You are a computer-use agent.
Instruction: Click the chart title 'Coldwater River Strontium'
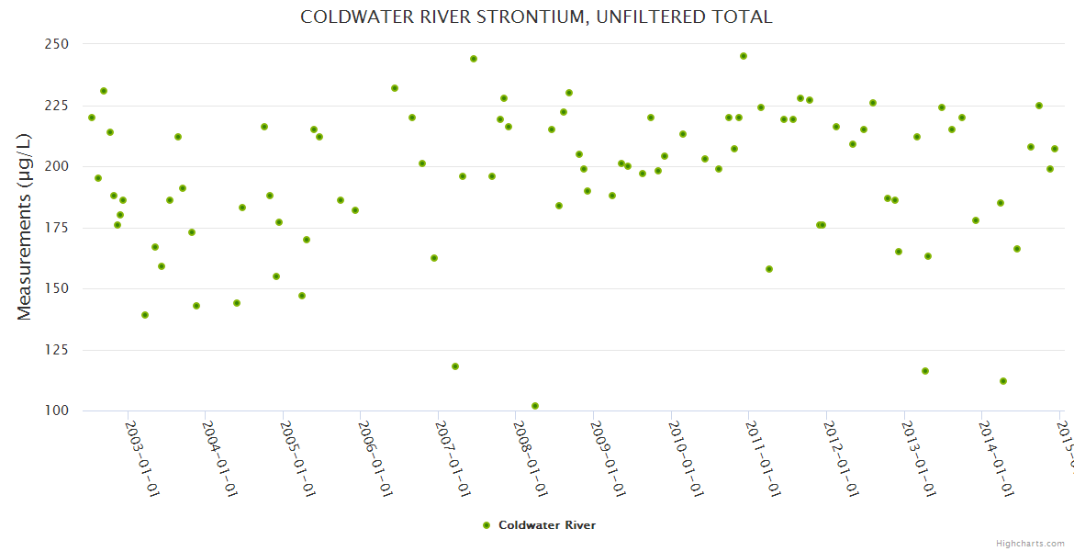tap(536, 17)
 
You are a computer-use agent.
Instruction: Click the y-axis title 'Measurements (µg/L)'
tap(25, 227)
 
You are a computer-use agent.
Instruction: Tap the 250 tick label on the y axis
tap(58, 44)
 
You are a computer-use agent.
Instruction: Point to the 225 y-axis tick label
tap(58, 106)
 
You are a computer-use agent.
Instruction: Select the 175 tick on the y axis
tap(58, 228)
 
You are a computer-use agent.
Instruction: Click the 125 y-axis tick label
tap(58, 350)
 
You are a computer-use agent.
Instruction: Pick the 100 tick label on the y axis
tap(58, 410)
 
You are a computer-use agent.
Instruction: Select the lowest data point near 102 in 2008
tap(535, 406)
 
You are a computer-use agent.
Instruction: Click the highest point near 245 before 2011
tap(744, 56)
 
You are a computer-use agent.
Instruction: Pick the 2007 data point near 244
tap(474, 59)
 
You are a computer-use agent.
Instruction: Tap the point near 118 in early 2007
tap(455, 366)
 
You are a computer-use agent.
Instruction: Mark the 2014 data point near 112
tap(1003, 381)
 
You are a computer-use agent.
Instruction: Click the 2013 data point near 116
tap(925, 371)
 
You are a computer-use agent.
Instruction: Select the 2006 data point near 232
tap(395, 88)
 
